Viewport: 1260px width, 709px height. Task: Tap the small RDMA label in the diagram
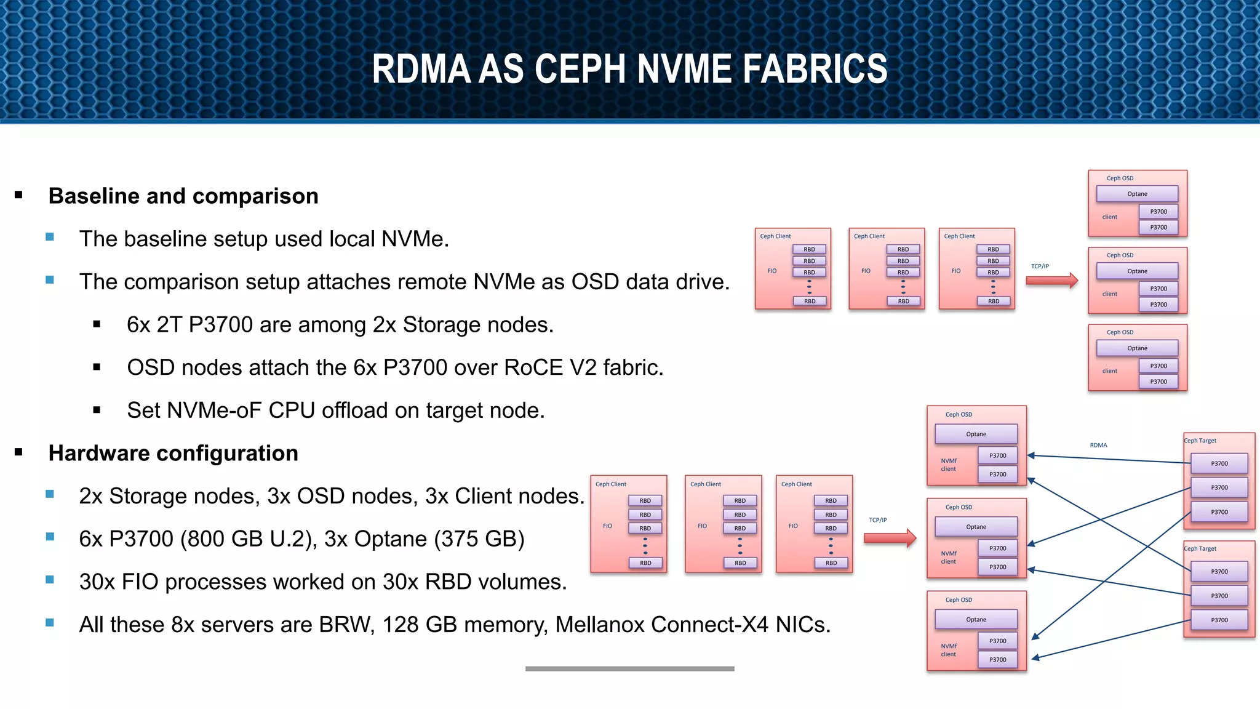pos(1098,445)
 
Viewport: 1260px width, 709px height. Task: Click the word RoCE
pos(533,367)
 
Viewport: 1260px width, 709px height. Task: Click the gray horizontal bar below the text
pos(629,668)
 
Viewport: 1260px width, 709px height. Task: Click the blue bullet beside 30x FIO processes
pos(50,580)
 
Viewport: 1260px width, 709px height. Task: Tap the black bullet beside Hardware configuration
pos(18,452)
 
